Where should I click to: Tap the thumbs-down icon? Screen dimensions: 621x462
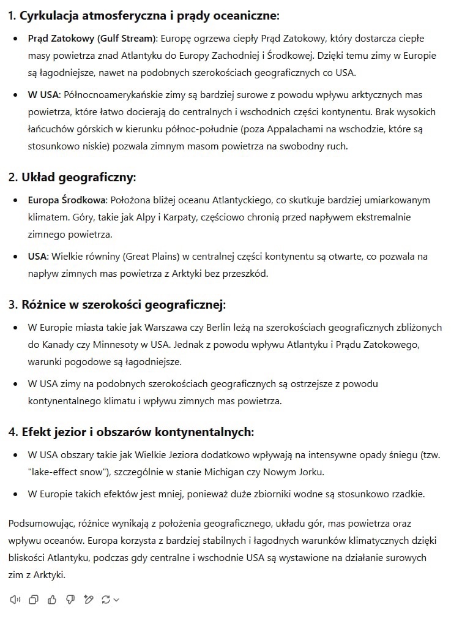70,600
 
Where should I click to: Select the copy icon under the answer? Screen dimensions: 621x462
34,600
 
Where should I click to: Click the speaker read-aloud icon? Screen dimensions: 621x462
16,600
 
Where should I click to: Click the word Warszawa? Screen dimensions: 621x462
165,328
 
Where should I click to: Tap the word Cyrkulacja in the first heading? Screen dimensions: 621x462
50,16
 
